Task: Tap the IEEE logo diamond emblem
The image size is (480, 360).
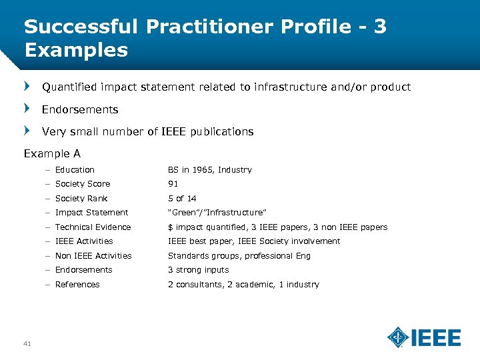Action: pyautogui.click(x=399, y=337)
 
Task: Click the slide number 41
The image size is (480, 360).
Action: pyautogui.click(x=27, y=343)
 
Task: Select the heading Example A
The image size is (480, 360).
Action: pyautogui.click(x=52, y=153)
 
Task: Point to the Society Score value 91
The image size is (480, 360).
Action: pyautogui.click(x=173, y=184)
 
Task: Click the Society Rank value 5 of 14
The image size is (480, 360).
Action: pyautogui.click(x=182, y=199)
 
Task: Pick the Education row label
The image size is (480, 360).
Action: pyautogui.click(x=75, y=170)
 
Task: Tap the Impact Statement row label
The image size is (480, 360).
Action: pyautogui.click(x=91, y=213)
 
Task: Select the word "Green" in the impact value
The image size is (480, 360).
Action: pyautogui.click(x=183, y=213)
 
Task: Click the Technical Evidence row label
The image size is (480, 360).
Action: pyautogui.click(x=93, y=227)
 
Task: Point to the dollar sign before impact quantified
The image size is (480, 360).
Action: pyautogui.click(x=170, y=227)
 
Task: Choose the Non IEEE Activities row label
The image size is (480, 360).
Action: pyautogui.click(x=93, y=256)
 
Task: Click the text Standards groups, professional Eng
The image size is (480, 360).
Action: pyautogui.click(x=239, y=256)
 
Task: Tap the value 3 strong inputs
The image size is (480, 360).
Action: pyautogui.click(x=198, y=270)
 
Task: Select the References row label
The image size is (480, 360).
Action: pyautogui.click(x=77, y=285)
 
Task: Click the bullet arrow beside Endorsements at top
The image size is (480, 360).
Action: pyautogui.click(x=27, y=109)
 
